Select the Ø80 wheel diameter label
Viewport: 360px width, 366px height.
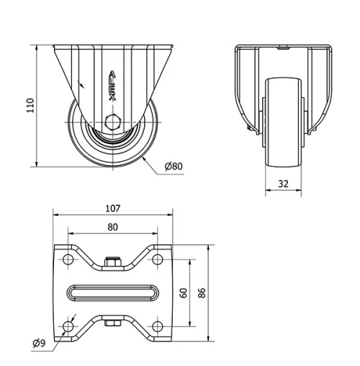[x=174, y=166]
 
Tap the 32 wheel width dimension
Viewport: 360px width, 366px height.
[x=283, y=184]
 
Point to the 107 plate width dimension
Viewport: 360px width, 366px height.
[x=112, y=209]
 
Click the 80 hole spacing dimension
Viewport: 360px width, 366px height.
[x=112, y=226]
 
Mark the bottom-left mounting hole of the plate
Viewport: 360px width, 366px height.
[x=68, y=328]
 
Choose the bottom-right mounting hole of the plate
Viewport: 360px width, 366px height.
[x=157, y=328]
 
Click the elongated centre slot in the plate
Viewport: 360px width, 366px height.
[x=112, y=293]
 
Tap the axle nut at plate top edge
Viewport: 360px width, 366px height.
[x=112, y=263]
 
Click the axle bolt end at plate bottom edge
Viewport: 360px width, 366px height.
[x=112, y=323]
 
